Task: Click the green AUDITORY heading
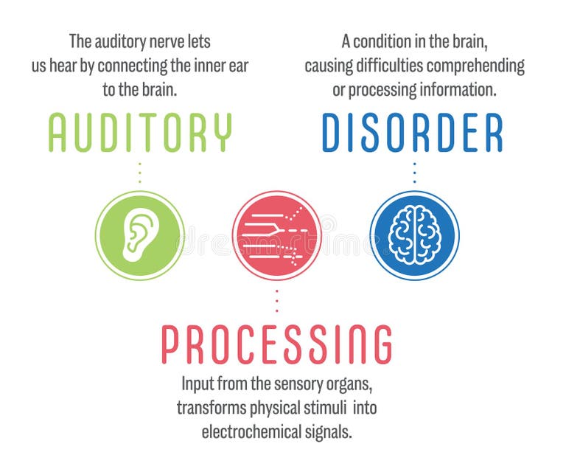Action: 140,133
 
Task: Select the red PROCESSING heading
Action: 276,344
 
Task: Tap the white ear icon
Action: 139,235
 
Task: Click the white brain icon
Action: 414,235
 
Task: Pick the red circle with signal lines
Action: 276,235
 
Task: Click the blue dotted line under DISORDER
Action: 414,173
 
